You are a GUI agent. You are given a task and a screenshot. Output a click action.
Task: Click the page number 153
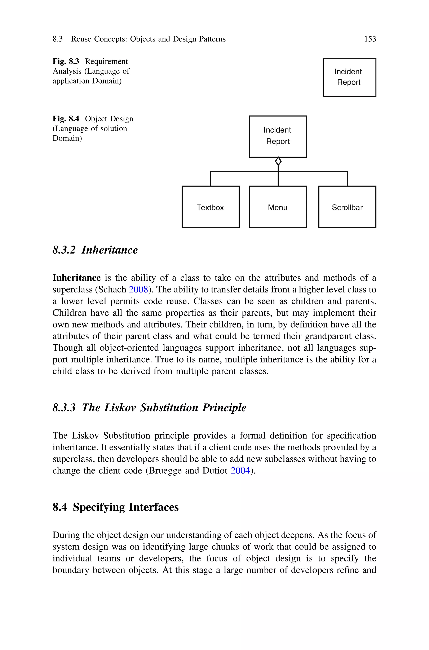370,39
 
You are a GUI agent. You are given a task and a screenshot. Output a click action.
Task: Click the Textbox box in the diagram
210,207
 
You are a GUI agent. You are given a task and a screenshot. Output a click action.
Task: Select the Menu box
278,207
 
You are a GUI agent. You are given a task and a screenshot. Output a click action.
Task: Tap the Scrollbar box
347,207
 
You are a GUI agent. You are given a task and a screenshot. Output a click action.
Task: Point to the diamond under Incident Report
278,161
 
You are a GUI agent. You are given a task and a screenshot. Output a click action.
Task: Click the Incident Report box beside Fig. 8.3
349,77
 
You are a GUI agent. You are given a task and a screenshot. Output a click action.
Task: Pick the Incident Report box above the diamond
278,136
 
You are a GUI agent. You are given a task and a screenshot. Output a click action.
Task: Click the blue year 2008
138,290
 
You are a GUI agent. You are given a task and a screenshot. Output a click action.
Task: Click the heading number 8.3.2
64,250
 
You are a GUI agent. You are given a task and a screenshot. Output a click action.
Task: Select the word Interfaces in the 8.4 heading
154,507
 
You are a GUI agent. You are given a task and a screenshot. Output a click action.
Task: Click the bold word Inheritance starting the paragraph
77,278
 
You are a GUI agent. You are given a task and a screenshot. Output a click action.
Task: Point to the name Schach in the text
112,290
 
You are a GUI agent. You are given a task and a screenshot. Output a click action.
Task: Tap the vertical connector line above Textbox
211,179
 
